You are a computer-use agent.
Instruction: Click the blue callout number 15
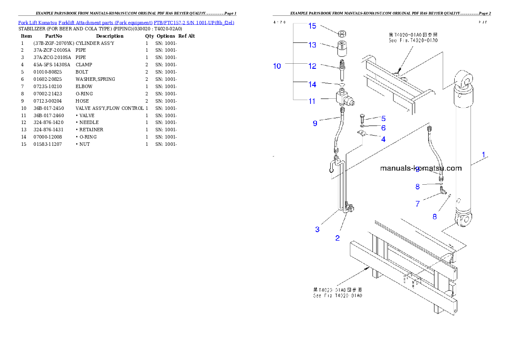click(x=312, y=26)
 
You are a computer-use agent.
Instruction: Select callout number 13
click(x=312, y=45)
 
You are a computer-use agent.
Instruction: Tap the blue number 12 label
click(x=312, y=66)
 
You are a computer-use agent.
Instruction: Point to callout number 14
click(x=312, y=85)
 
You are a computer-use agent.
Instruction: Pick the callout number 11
click(x=312, y=101)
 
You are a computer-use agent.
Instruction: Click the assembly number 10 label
click(x=277, y=66)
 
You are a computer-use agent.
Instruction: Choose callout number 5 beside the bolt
click(x=383, y=118)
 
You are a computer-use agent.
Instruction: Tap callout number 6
click(x=383, y=128)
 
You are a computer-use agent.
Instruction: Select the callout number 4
click(x=383, y=139)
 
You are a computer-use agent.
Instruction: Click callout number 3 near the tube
click(x=317, y=230)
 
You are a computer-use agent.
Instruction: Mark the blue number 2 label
click(x=337, y=238)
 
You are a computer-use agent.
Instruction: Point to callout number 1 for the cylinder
click(x=484, y=155)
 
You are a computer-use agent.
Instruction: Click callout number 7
click(x=417, y=204)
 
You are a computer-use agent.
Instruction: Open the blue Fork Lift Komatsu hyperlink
click(x=126, y=22)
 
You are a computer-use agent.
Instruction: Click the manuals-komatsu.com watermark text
click(x=421, y=168)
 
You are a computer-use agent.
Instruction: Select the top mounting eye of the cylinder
click(x=466, y=79)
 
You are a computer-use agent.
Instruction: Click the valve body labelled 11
click(x=344, y=100)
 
